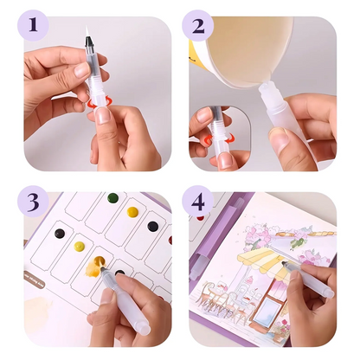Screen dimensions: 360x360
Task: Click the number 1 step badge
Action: pos(33,25)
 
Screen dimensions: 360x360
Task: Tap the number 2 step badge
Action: pos(199,25)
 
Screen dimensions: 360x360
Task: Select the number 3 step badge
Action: pos(33,203)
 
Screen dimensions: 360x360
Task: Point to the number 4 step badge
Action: pos(199,203)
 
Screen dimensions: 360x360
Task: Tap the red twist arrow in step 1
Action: pos(92,103)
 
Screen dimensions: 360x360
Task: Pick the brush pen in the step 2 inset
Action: pos(213,130)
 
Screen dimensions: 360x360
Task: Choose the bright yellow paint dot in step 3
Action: pos(132,212)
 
